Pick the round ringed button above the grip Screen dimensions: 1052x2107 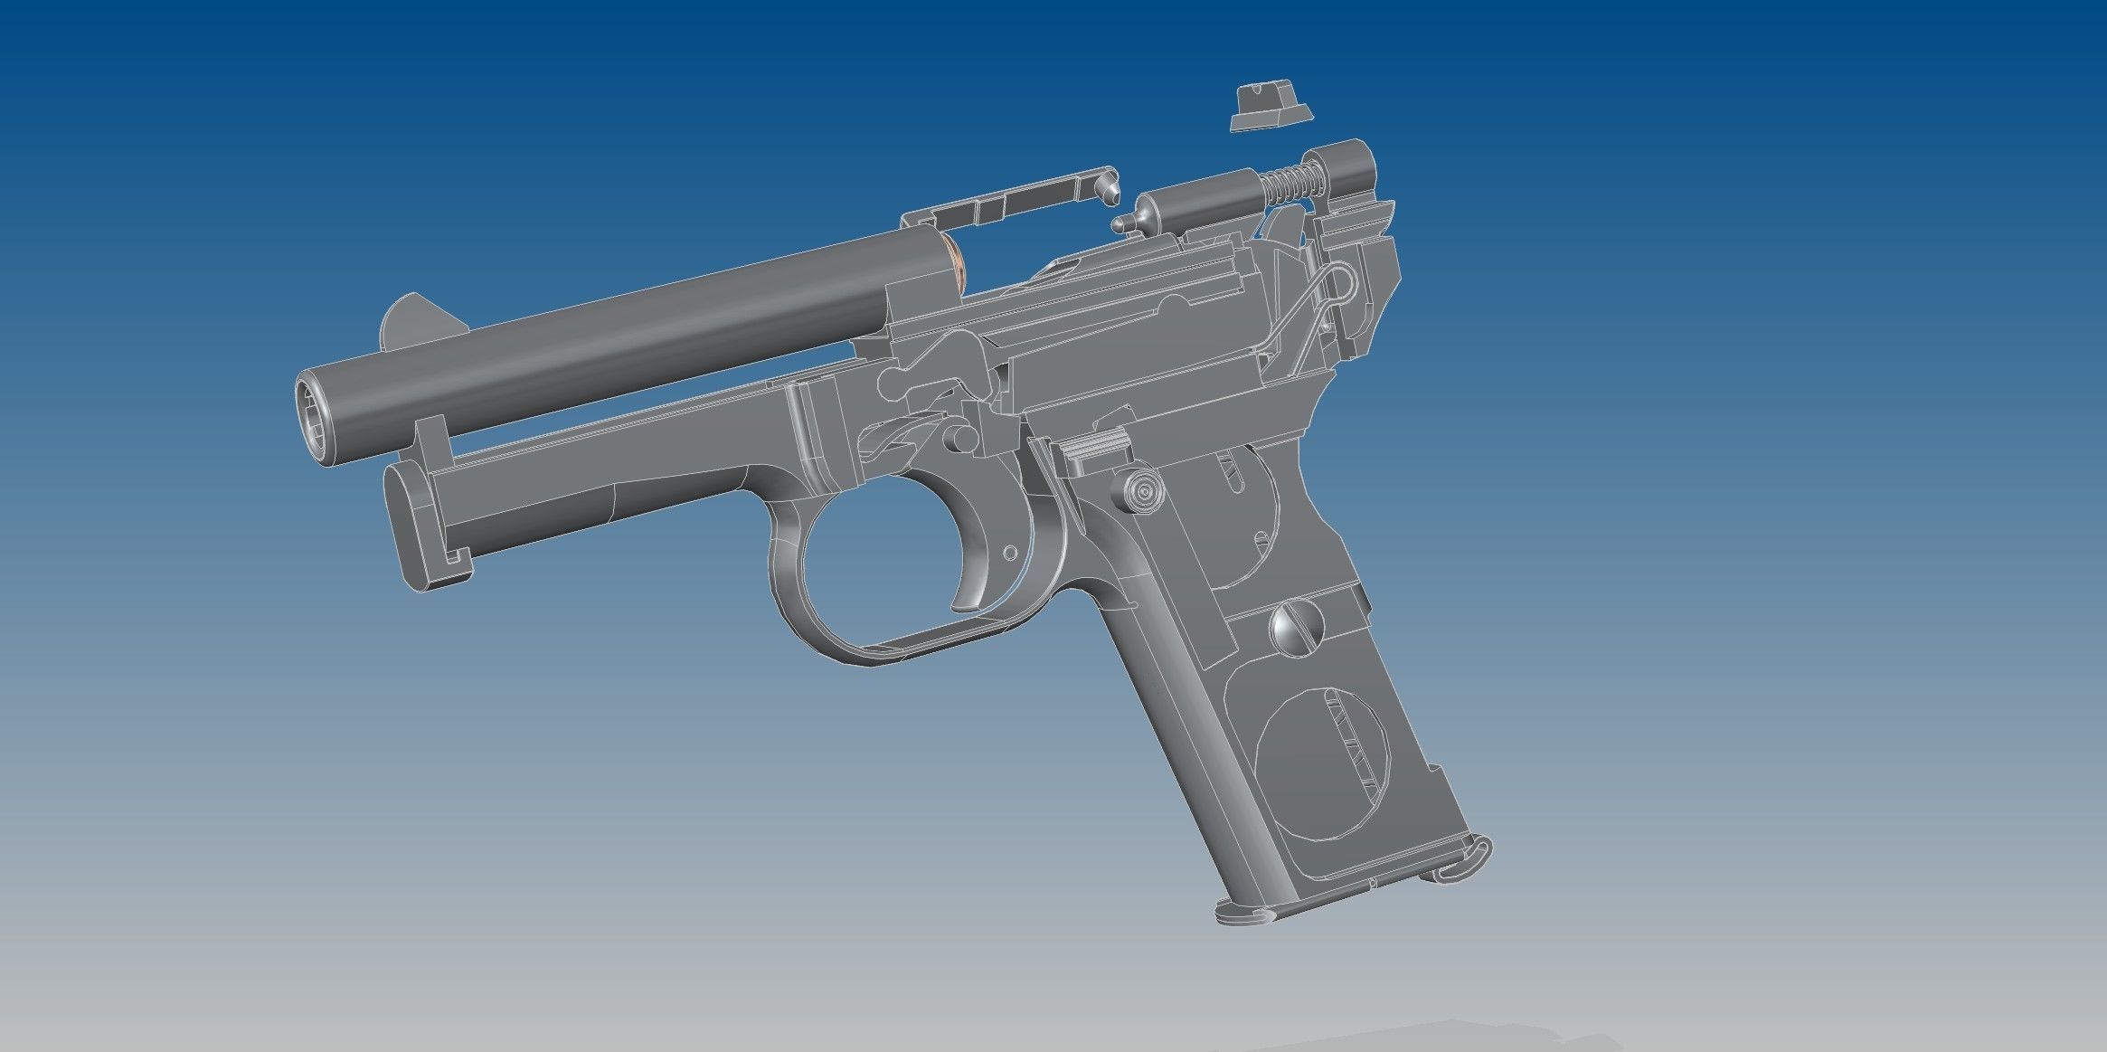[x=1143, y=490]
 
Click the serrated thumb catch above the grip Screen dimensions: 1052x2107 [x=1096, y=447]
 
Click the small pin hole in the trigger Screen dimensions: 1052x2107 [x=1010, y=552]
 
